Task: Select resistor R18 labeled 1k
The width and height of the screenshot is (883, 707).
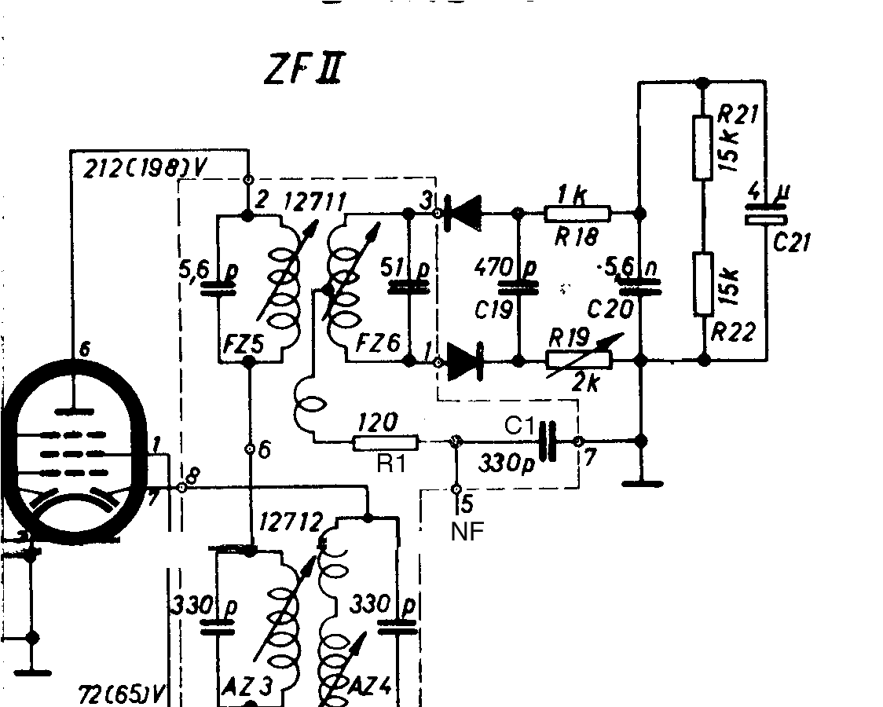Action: point(577,213)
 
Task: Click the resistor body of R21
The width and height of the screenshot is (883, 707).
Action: point(702,147)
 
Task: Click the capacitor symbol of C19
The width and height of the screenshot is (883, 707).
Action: point(518,287)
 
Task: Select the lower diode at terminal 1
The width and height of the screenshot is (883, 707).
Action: point(463,361)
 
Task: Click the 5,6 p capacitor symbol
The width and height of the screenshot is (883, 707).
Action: point(218,288)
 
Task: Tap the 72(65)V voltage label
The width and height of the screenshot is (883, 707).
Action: point(125,694)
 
